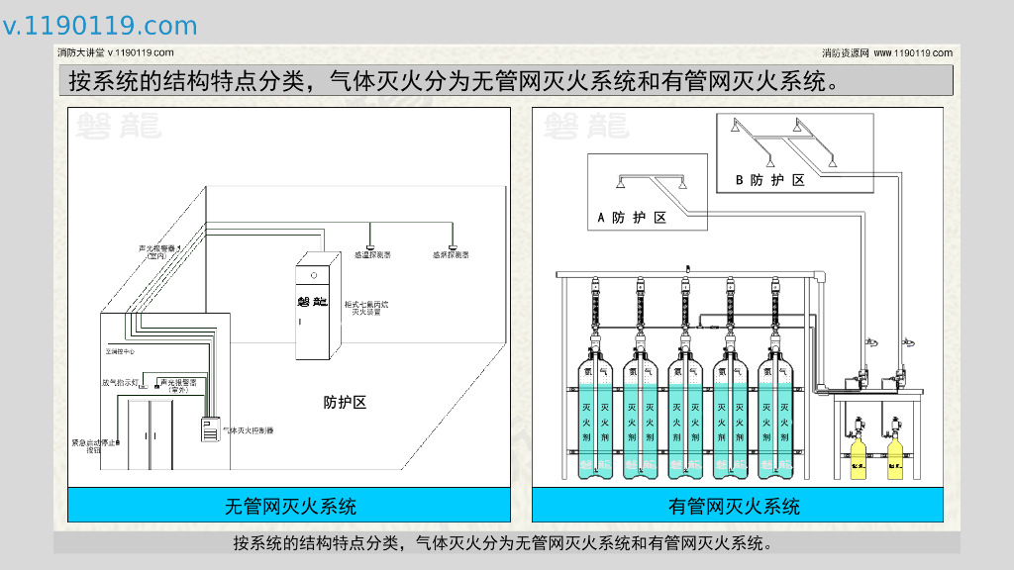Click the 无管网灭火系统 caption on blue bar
[x=290, y=506]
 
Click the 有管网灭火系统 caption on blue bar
[x=735, y=506]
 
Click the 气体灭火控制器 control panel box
[x=210, y=429]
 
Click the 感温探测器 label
[x=372, y=255]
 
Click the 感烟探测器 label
[x=451, y=255]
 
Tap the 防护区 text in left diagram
[x=345, y=403]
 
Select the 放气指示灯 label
[x=119, y=381]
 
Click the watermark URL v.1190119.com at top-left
[x=100, y=26]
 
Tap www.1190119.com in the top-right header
[x=913, y=52]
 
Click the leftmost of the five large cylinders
[x=595, y=416]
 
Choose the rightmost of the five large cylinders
[x=776, y=416]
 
